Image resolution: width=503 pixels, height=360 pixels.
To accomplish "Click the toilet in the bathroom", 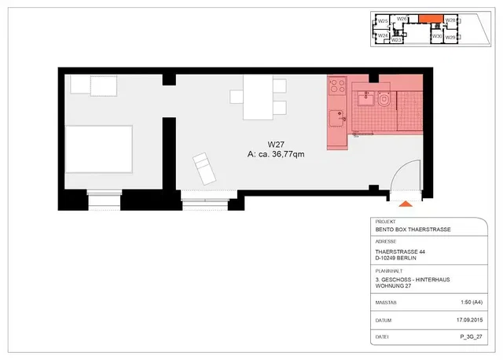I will [384, 100].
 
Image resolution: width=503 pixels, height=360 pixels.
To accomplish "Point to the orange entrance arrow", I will [406, 204].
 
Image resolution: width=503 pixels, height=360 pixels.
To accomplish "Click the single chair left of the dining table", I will [237, 97].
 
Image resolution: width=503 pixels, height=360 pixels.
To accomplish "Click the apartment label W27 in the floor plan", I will [275, 145].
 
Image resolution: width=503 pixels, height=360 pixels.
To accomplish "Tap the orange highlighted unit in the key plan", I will [429, 19].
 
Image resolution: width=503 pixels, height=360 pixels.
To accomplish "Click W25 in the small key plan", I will [384, 20].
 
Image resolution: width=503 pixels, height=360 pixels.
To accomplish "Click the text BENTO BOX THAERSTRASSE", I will [413, 230].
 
